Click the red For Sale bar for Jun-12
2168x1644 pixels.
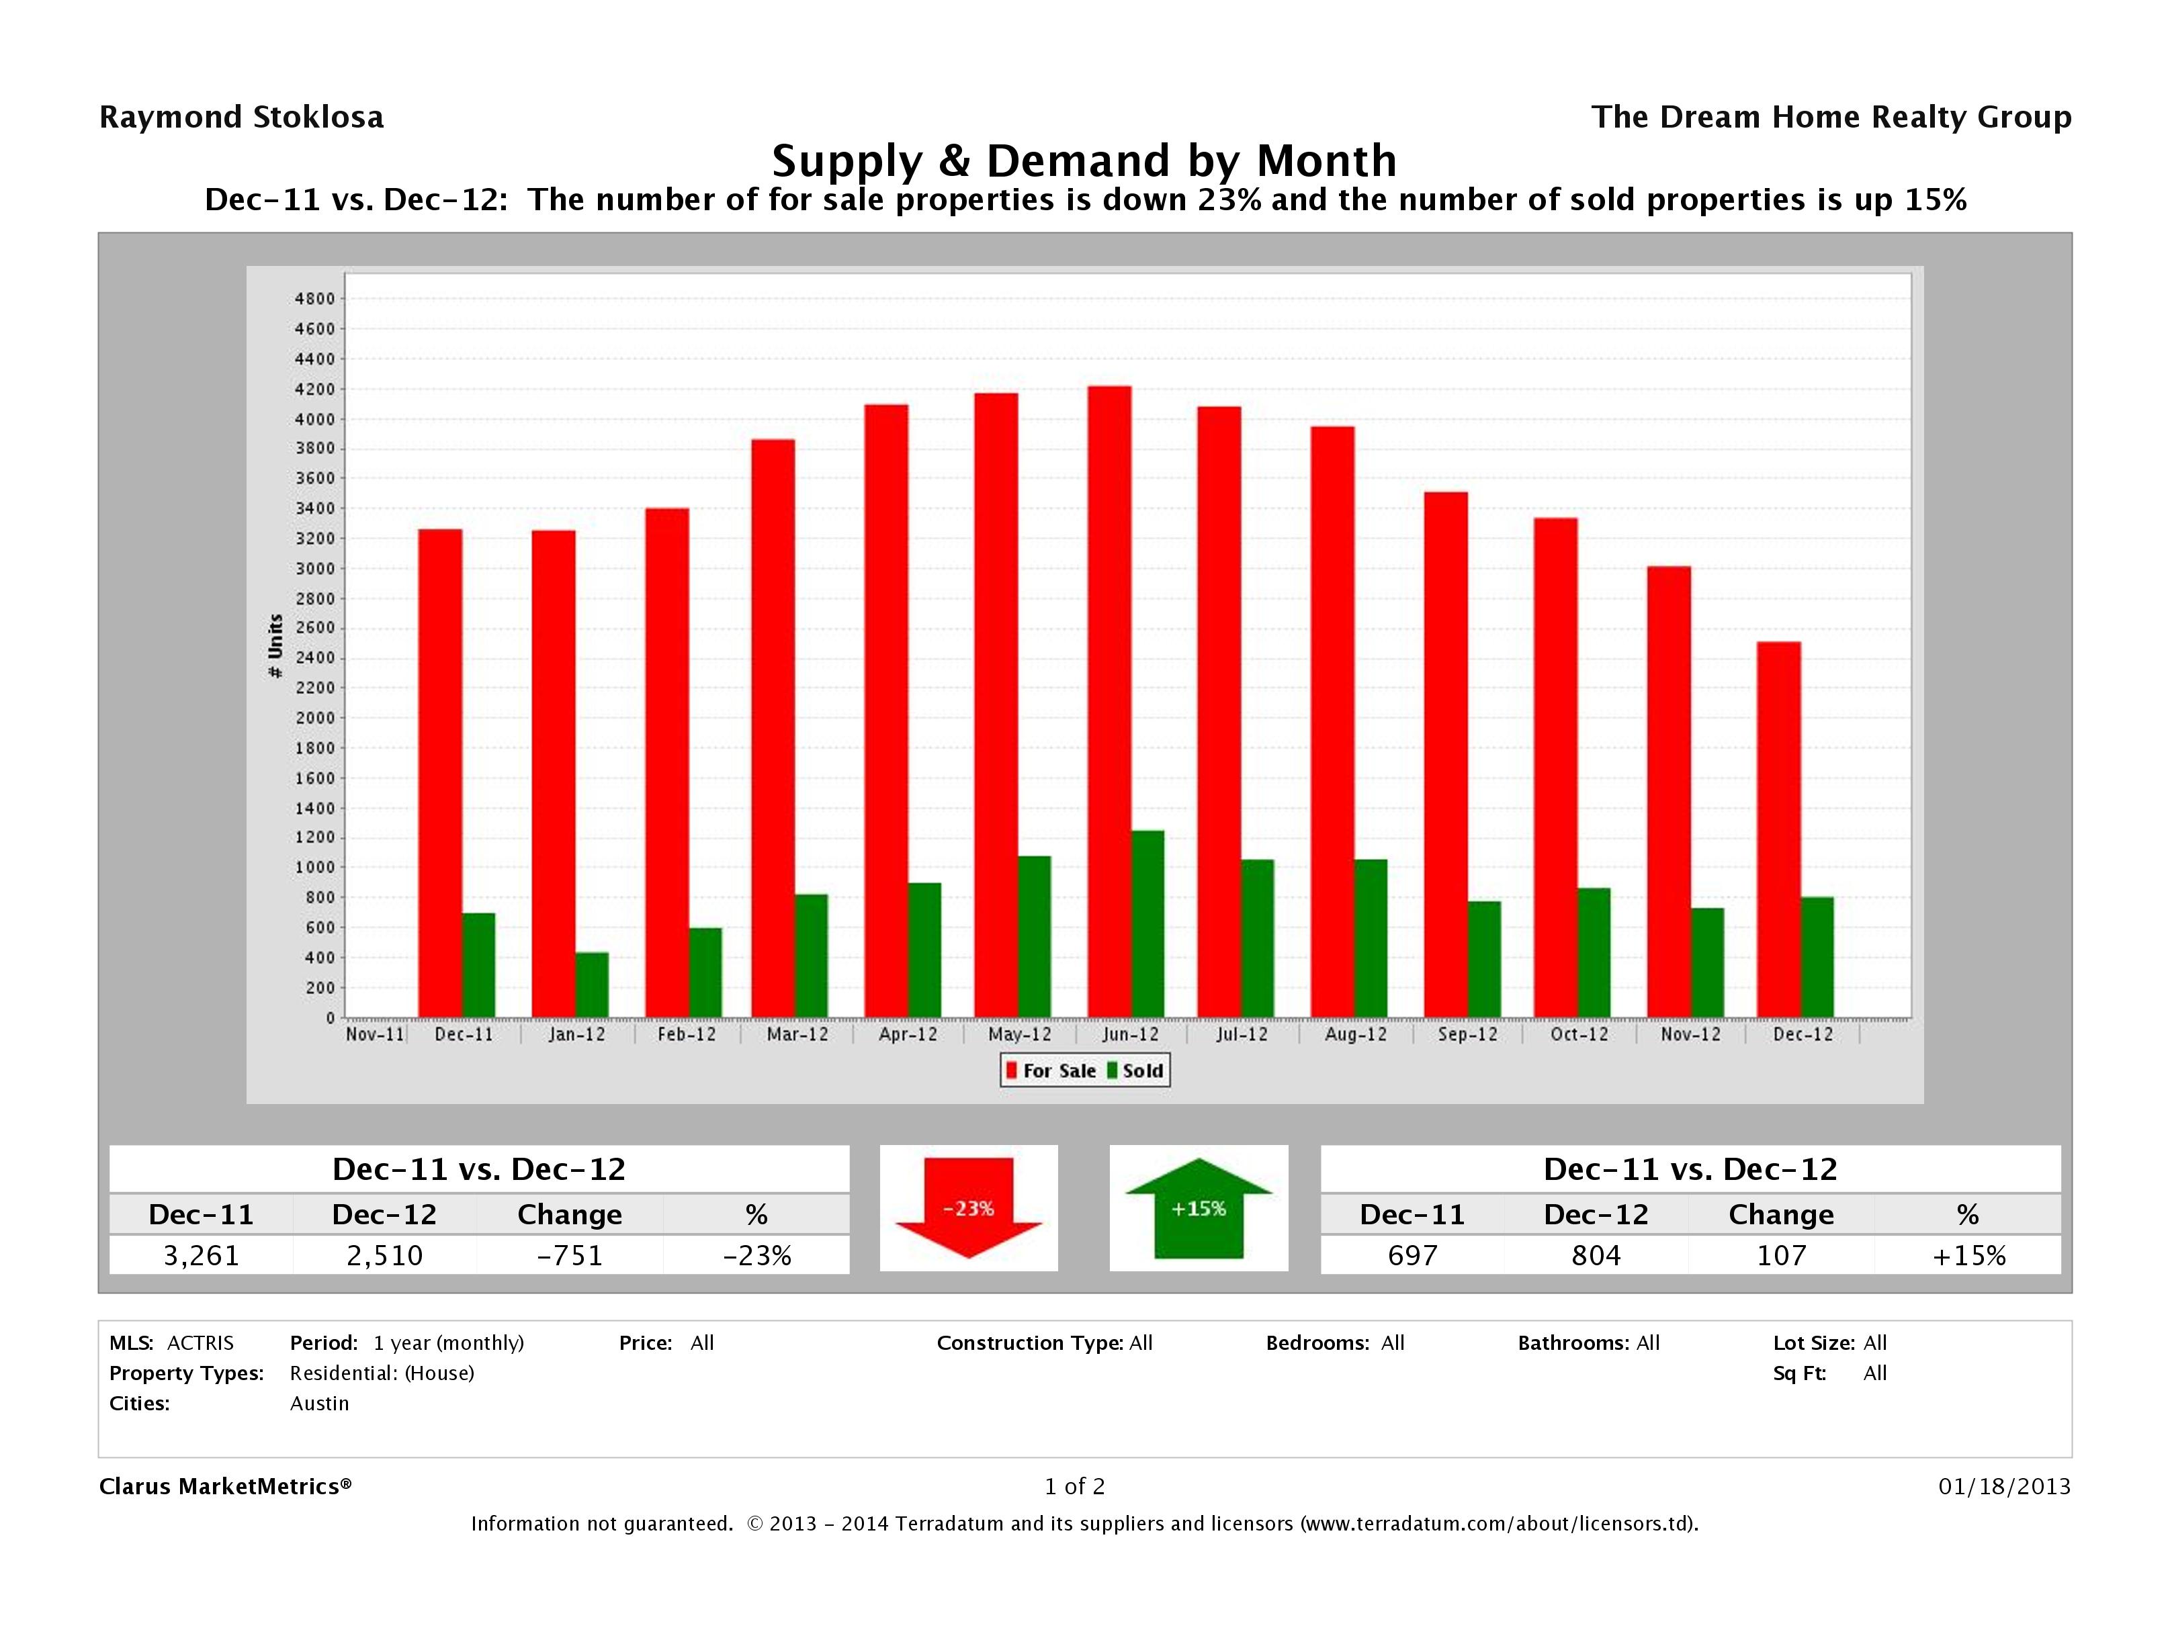(1109, 702)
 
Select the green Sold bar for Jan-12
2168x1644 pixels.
(592, 985)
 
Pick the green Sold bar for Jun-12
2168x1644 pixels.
(1147, 924)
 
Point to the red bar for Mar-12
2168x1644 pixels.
(773, 728)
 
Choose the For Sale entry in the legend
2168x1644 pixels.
(1051, 1071)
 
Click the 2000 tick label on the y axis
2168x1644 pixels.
(314, 718)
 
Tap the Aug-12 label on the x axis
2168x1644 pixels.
(1356, 1035)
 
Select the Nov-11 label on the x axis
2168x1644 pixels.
(374, 1035)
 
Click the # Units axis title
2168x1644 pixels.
(275, 645)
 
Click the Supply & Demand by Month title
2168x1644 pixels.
(1084, 161)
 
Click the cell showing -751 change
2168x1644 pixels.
(570, 1255)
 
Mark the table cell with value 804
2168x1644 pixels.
(1596, 1255)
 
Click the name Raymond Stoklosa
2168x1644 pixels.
(241, 118)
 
